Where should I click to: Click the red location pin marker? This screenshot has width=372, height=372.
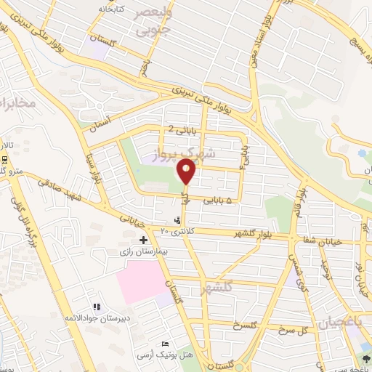tap(187, 173)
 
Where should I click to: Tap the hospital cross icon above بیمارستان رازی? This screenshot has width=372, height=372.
tap(143, 239)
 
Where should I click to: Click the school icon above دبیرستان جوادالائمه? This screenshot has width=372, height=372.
tap(97, 307)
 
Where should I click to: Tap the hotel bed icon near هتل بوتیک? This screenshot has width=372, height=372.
tap(166, 344)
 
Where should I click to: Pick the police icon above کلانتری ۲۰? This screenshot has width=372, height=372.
tap(178, 219)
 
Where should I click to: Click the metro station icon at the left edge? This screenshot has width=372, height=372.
tap(5, 158)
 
